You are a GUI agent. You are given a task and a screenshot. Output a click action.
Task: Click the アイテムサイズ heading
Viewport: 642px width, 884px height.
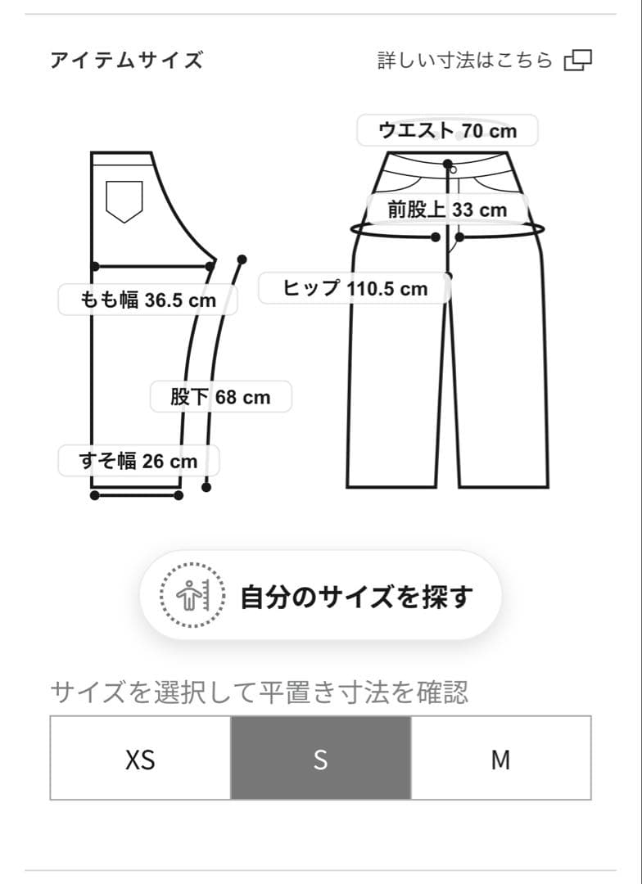[x=126, y=61]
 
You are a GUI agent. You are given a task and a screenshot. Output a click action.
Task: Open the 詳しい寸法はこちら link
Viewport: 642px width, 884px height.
[x=465, y=61]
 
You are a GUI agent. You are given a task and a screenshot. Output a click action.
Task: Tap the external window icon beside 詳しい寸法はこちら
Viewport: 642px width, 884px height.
[x=578, y=61]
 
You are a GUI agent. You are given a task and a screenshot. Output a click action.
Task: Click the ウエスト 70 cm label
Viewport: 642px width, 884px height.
[x=447, y=130]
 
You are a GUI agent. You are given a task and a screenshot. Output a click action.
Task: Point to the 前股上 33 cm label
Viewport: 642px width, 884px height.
[x=447, y=210]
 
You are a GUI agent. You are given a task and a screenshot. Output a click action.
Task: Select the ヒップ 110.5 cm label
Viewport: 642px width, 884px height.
[x=355, y=288]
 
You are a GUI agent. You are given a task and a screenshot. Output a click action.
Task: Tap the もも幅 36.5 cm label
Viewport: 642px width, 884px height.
[x=148, y=300]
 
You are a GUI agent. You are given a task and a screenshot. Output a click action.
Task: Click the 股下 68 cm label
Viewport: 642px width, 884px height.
[x=220, y=397]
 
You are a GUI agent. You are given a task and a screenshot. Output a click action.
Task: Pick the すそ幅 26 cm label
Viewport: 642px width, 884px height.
[x=138, y=461]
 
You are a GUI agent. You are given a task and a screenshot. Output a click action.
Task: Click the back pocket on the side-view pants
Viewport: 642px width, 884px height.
[x=124, y=201]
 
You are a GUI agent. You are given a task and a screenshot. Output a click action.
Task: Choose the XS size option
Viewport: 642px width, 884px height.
[x=140, y=759]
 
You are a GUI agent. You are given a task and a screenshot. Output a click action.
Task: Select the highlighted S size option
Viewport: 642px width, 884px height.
[x=320, y=759]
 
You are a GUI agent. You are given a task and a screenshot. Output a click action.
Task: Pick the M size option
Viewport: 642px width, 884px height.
[x=500, y=759]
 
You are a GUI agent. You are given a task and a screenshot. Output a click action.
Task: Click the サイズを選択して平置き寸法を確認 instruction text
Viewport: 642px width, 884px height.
[x=259, y=692]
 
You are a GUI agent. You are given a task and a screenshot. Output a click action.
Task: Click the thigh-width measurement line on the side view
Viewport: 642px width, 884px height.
[x=152, y=266]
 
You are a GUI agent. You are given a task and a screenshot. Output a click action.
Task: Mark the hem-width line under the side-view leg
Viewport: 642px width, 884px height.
[x=137, y=495]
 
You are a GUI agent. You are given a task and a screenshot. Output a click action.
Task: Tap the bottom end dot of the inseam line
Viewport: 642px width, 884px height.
[x=206, y=488]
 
